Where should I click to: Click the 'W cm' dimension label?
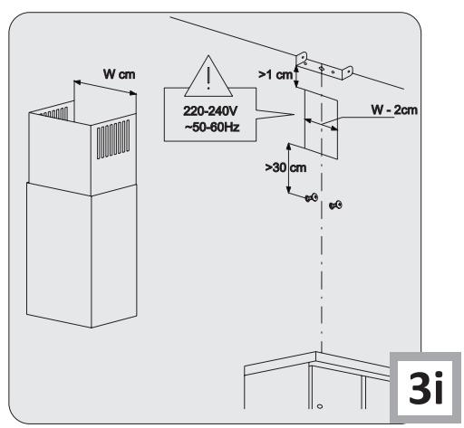tap(119, 74)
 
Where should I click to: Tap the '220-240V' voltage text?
tap(210, 111)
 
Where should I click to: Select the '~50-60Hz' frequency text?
tap(212, 127)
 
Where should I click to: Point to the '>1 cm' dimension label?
tap(275, 74)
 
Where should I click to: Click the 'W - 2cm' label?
tap(394, 109)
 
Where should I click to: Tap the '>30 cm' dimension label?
tap(285, 167)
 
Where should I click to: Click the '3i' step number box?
tap(425, 388)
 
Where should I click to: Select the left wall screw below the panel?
tap(312, 198)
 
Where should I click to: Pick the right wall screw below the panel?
tap(335, 205)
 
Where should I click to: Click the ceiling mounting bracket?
tap(324, 66)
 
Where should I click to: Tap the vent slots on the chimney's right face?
tap(113, 139)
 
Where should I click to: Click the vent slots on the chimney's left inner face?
tap(56, 114)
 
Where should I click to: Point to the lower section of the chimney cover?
tap(82, 255)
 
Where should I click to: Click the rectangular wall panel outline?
tap(321, 125)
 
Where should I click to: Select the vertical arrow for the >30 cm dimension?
tap(288, 168)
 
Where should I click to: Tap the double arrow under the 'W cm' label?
tap(105, 88)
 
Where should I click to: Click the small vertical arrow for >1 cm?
tap(296, 77)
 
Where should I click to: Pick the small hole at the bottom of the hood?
tap(320, 406)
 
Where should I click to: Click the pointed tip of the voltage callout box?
tap(294, 114)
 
